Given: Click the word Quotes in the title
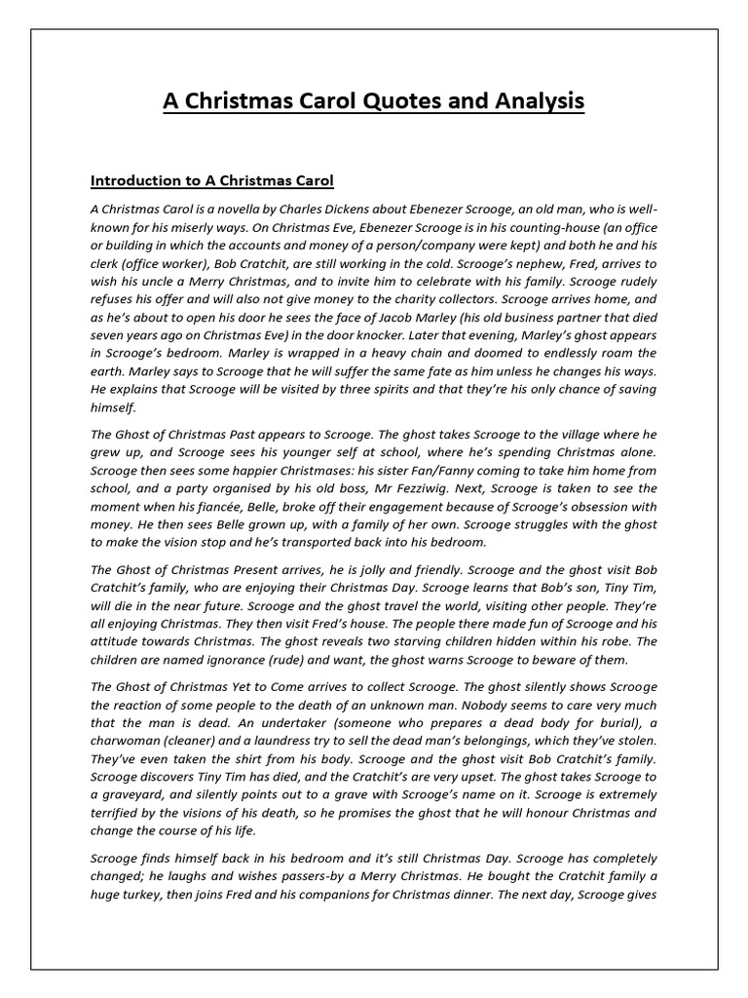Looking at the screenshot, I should (x=380, y=100).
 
